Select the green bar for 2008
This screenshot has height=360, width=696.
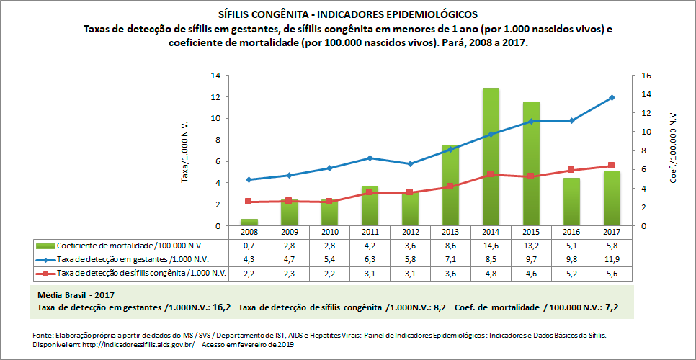(249, 222)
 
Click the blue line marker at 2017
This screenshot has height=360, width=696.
(612, 97)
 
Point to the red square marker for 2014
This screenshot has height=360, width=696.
(491, 174)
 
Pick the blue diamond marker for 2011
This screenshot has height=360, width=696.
(370, 158)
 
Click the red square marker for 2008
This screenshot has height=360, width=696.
(249, 202)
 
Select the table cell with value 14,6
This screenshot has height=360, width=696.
(491, 246)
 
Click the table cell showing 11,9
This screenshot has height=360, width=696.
(612, 259)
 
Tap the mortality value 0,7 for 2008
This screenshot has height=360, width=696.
(249, 246)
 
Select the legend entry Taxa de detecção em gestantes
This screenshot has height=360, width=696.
(130, 259)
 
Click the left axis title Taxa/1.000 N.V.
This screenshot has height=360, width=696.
(184, 150)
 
